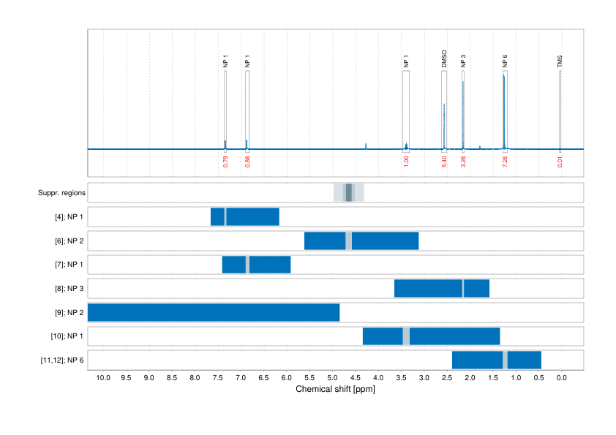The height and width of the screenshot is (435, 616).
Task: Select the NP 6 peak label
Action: (x=505, y=61)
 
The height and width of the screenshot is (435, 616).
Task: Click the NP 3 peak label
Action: (x=463, y=61)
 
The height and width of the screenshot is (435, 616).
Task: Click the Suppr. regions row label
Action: (x=61, y=193)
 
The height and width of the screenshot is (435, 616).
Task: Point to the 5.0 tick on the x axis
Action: (x=332, y=378)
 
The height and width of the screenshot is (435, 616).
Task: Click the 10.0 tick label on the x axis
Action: (x=103, y=378)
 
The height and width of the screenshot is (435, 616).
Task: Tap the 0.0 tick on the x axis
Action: (x=562, y=378)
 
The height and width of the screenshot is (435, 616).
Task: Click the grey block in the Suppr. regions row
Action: (x=349, y=192)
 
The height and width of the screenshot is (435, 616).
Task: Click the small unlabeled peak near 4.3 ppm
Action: (x=366, y=145)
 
